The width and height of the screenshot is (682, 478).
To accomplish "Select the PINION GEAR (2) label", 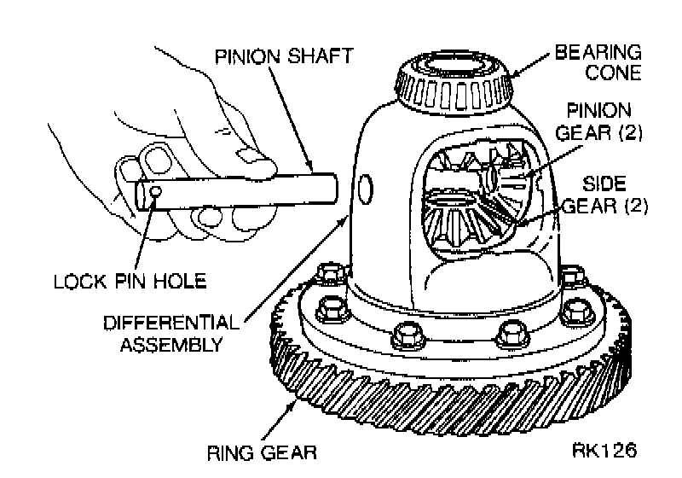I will [599, 121].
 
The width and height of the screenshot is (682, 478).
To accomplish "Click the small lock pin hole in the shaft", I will [155, 190].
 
